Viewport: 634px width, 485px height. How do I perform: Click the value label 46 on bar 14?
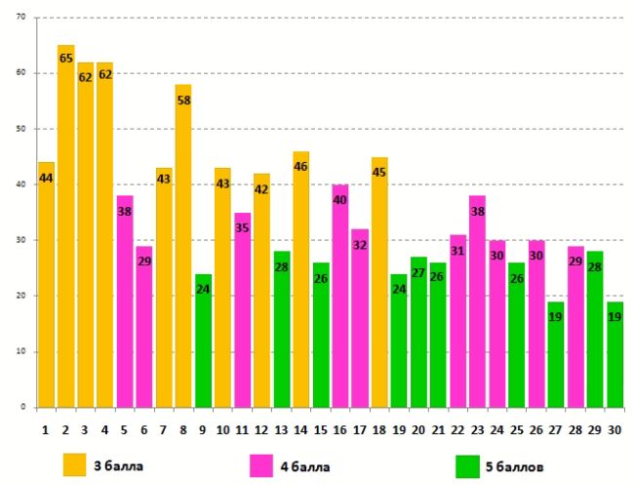pos(300,167)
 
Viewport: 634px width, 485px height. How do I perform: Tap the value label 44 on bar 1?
pos(46,178)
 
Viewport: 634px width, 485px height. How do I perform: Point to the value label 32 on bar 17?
pos(359,245)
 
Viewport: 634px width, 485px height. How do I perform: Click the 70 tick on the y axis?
pos(21,18)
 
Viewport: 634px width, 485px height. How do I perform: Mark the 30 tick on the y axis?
pos(21,240)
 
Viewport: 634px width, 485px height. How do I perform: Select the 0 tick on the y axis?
pos(24,407)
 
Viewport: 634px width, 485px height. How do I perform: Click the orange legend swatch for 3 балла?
pos(75,465)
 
